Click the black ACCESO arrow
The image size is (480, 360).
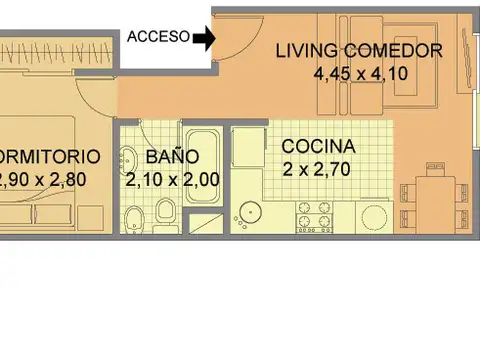pyautogui.click(x=203, y=39)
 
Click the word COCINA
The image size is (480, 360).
pyautogui.click(x=318, y=146)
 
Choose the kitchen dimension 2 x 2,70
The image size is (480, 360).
pyautogui.click(x=318, y=168)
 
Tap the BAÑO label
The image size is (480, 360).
pyautogui.click(x=172, y=157)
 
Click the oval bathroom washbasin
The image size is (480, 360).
pyautogui.click(x=129, y=159)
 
